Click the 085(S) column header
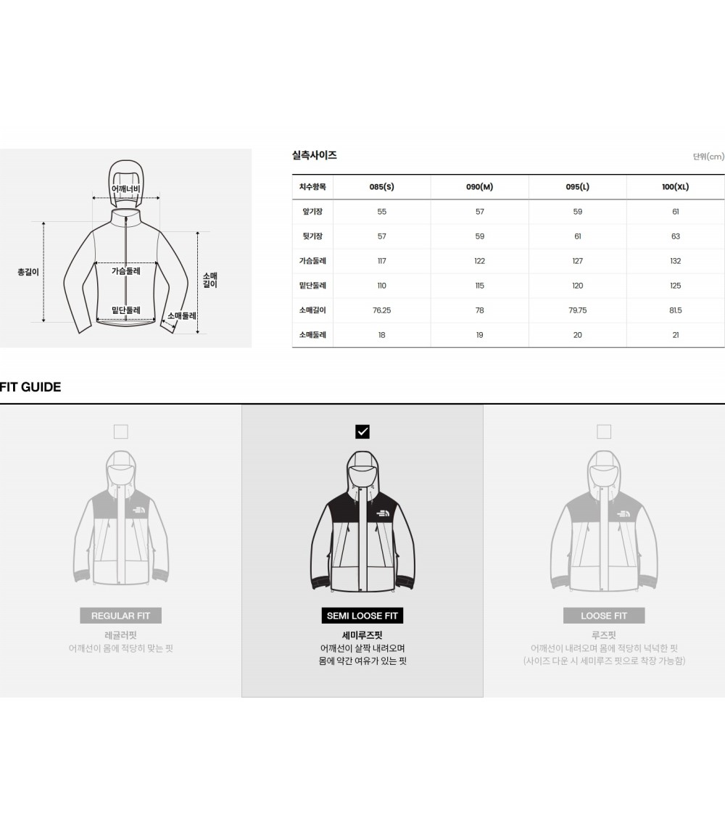(381, 187)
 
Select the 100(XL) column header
(675, 187)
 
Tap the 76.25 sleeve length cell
(381, 310)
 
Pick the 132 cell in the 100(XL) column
(675, 261)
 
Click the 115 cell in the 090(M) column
(479, 286)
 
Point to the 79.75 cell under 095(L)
(578, 310)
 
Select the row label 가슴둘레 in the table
(312, 261)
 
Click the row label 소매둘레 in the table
(312, 335)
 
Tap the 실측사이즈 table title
(315, 155)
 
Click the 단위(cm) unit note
(709, 157)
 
